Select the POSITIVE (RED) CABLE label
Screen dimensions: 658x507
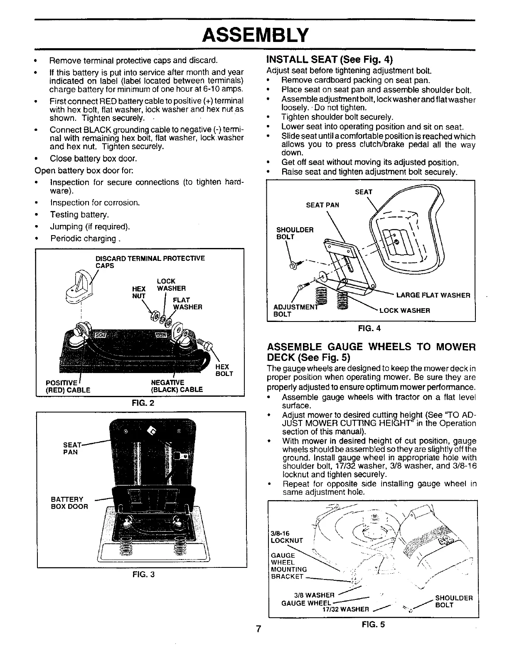click(x=68, y=386)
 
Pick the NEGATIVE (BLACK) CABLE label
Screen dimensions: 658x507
click(x=177, y=386)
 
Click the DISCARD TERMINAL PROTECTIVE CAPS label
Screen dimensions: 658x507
click(x=150, y=262)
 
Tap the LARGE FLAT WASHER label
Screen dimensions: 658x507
click(x=433, y=295)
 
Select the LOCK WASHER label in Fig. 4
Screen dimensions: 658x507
click(x=406, y=310)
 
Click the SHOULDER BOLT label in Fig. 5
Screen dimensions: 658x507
click(x=453, y=602)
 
